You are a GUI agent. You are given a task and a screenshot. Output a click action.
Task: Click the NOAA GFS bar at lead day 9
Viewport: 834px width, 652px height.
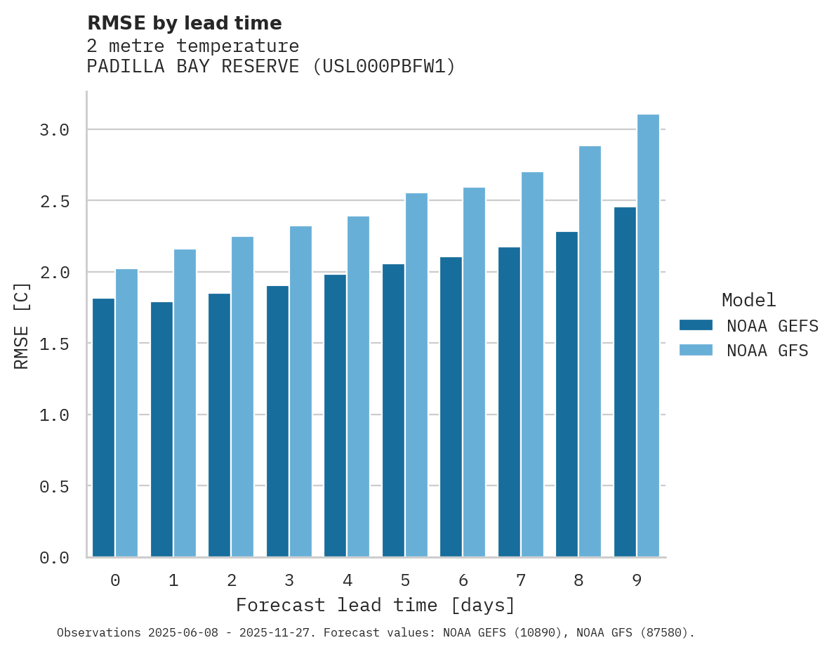click(648, 335)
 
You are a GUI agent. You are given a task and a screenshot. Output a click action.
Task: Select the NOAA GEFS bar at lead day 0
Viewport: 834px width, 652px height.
click(103, 427)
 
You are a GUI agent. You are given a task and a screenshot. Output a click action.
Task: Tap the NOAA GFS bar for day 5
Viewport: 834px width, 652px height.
click(416, 374)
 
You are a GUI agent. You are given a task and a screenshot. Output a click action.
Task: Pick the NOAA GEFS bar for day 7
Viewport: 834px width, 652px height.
click(509, 402)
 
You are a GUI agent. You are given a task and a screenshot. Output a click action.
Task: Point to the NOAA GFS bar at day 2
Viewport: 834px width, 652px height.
click(242, 396)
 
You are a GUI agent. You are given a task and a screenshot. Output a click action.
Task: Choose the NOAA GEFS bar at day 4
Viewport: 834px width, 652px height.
click(335, 415)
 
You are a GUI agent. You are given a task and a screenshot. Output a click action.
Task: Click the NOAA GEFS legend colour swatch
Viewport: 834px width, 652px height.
click(696, 325)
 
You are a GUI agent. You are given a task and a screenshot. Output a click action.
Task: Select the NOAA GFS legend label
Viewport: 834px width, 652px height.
click(767, 351)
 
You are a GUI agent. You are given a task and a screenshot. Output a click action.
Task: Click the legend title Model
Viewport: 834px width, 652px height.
click(748, 300)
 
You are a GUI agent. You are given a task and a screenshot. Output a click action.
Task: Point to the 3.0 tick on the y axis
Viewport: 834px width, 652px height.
click(55, 130)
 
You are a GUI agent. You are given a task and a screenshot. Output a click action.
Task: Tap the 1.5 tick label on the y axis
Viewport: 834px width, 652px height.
click(55, 344)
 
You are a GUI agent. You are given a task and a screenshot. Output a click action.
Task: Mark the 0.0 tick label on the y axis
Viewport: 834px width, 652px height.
click(55, 558)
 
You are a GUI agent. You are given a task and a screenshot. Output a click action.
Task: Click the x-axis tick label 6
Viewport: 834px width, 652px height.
click(463, 580)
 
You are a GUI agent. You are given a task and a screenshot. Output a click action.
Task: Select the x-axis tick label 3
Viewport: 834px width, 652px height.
click(289, 580)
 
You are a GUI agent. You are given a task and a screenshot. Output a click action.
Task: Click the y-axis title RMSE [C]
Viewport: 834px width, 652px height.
click(22, 325)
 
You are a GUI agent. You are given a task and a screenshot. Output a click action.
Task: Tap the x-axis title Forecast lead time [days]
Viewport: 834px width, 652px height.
click(376, 605)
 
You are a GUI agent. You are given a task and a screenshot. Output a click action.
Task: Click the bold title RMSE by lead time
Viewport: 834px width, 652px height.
click(184, 23)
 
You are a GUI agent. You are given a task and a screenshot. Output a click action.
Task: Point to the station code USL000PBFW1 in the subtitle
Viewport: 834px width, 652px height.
click(384, 67)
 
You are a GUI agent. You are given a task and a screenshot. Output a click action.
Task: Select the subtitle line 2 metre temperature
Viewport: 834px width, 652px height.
click(193, 46)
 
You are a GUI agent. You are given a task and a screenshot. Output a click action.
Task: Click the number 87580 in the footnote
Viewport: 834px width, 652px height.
click(663, 633)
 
